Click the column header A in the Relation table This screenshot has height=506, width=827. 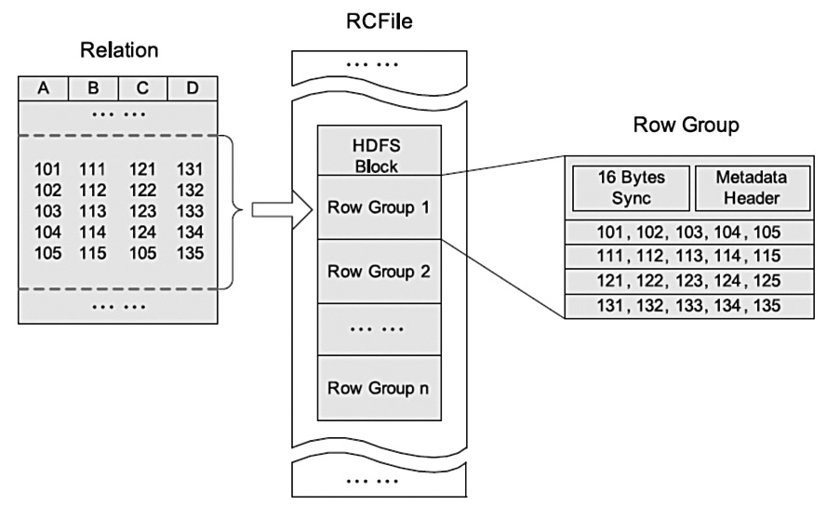[x=44, y=87]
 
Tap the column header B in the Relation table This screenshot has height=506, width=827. [x=93, y=87]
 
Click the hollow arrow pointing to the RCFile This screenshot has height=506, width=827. [x=275, y=208]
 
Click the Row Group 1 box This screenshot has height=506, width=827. [x=377, y=206]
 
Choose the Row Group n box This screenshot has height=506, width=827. [x=377, y=386]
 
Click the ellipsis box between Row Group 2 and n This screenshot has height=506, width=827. [x=377, y=328]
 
